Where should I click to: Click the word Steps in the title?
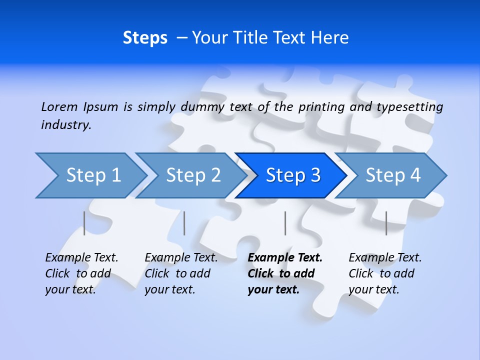click(145, 38)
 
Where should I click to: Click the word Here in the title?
click(329, 38)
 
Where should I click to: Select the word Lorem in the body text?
click(59, 107)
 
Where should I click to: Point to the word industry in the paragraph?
click(65, 125)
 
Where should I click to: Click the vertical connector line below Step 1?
click(84, 223)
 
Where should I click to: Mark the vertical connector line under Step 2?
click(184, 223)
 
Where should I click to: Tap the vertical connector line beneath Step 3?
click(285, 223)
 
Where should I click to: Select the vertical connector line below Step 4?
click(386, 223)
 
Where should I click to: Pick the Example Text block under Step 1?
click(81, 273)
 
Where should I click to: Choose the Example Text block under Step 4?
click(384, 273)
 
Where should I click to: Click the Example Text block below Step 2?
click(180, 273)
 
